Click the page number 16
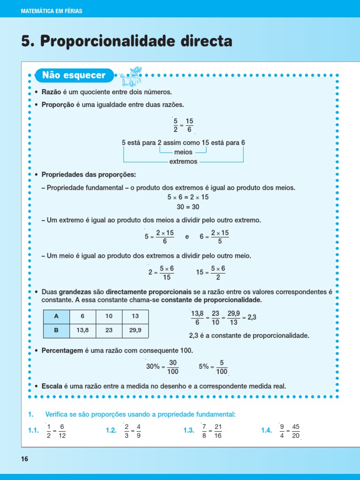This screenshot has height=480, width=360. click(25, 459)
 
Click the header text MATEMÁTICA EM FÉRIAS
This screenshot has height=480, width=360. click(52, 11)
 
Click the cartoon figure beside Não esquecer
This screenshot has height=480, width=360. click(129, 75)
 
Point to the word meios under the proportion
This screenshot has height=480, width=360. click(183, 152)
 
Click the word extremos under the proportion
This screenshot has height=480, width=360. click(183, 161)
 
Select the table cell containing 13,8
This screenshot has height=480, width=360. click(82, 330)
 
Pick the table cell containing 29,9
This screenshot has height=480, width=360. click(135, 330)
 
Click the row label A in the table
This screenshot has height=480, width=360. click(56, 316)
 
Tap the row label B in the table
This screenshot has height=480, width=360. click(56, 330)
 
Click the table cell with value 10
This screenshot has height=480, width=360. click(109, 316)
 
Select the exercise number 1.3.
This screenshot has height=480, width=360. click(189, 431)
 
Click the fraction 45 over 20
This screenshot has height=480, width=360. click(295, 431)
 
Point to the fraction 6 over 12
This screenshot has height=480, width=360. click(62, 431)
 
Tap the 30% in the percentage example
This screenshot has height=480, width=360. click(153, 367)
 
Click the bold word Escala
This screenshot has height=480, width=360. click(52, 386)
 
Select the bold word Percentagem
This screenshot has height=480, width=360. click(62, 351)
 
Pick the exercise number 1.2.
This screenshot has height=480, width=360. click(111, 431)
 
